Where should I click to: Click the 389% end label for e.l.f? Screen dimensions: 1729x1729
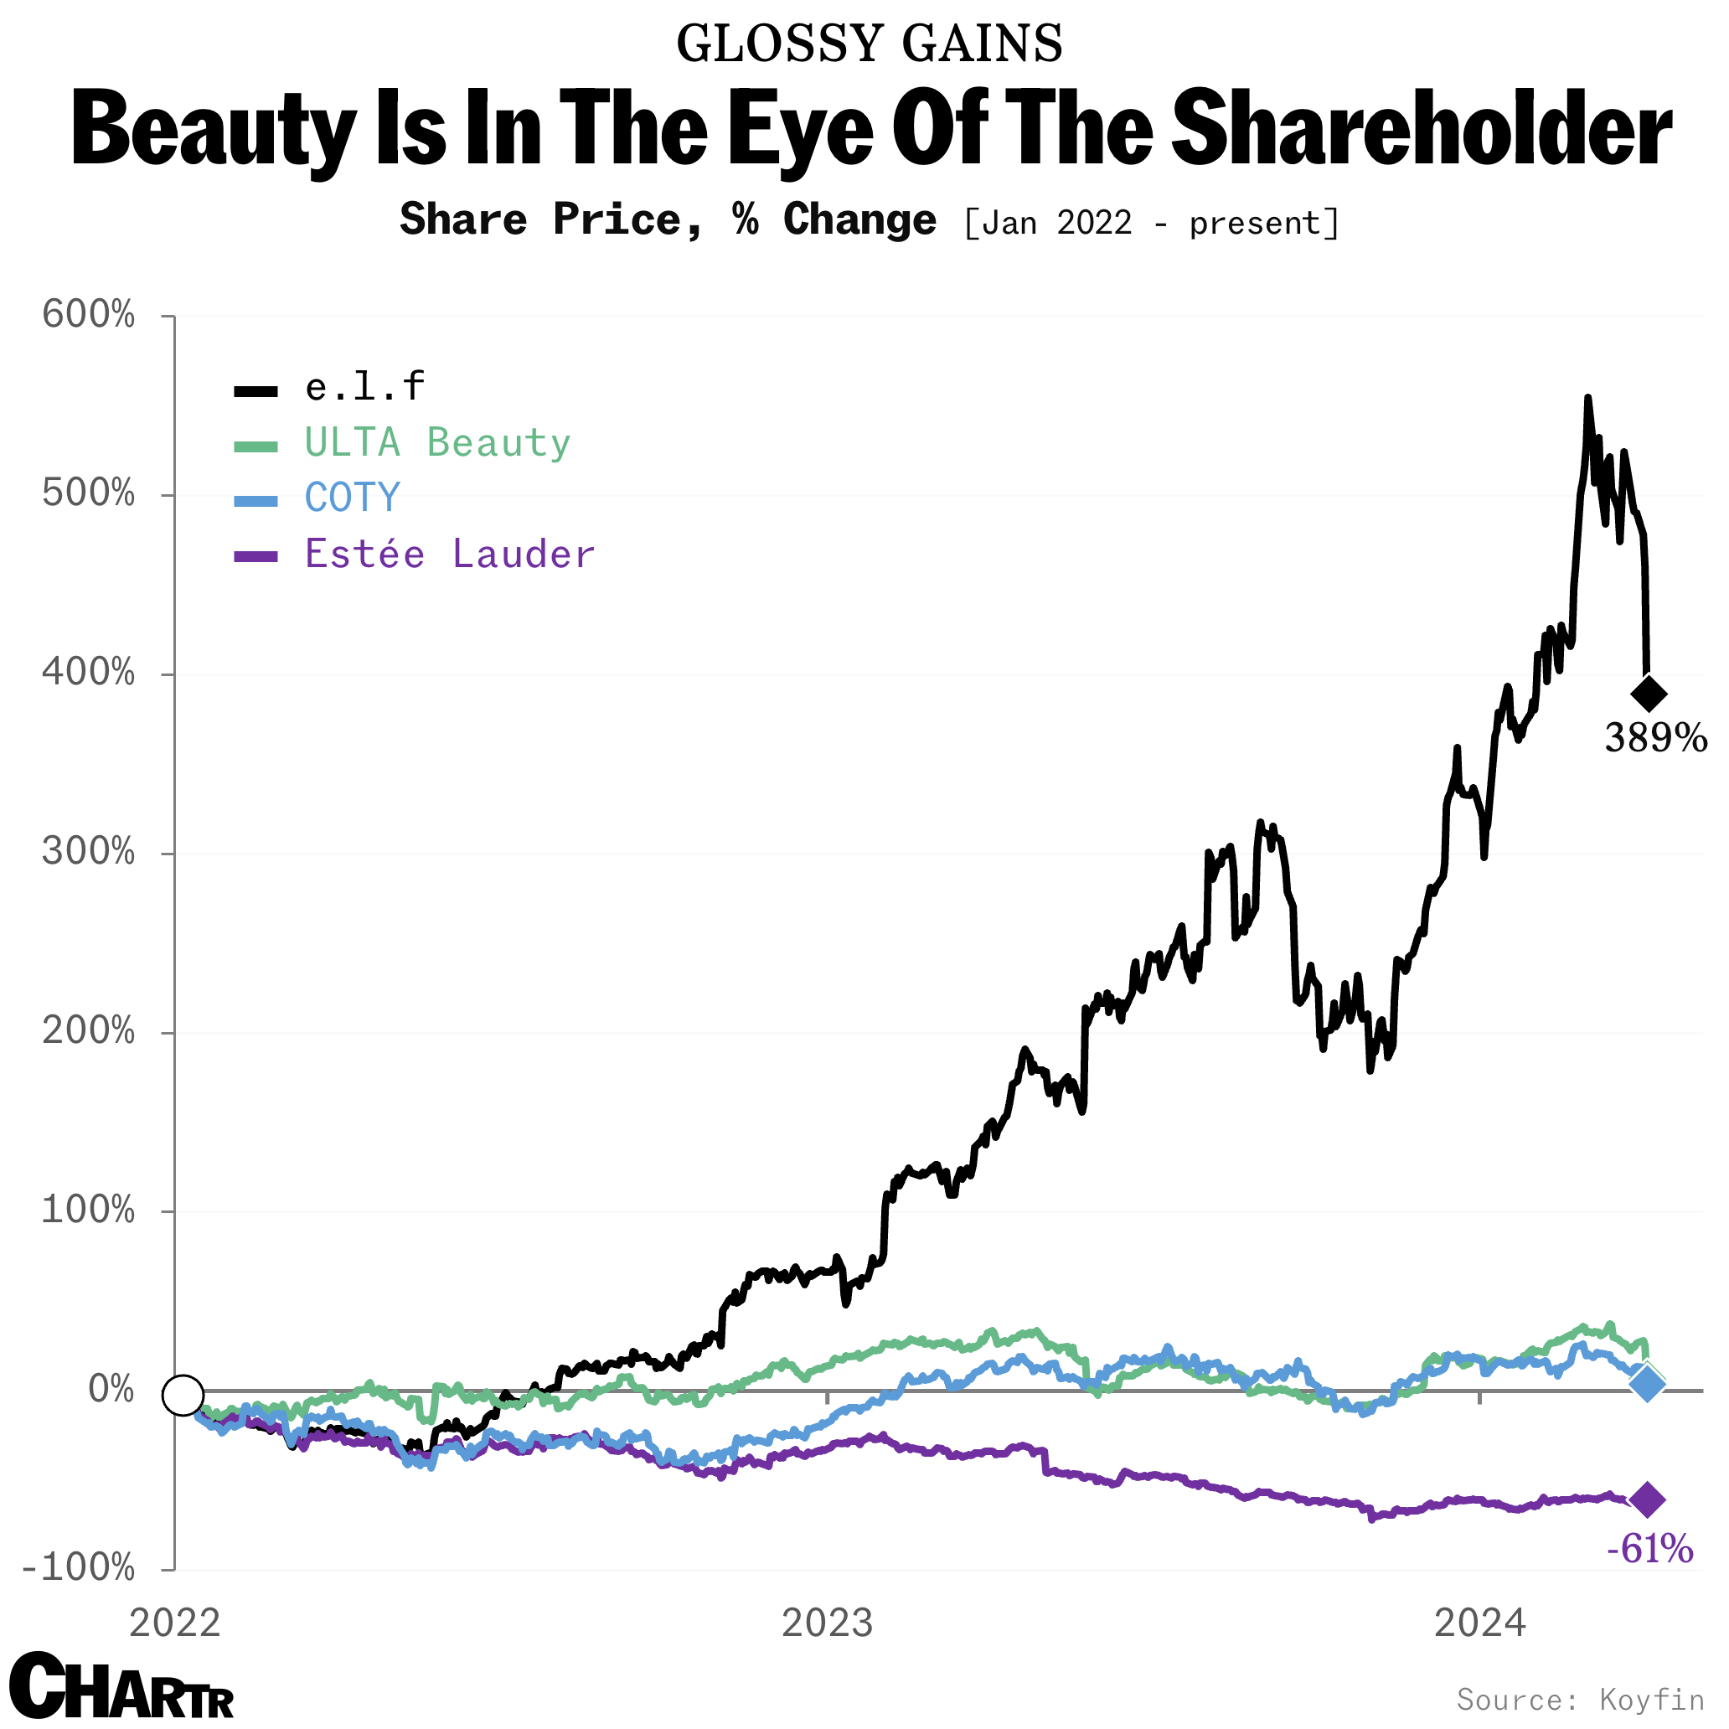[x=1654, y=738]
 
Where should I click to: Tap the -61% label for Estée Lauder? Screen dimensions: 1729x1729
[x=1649, y=1547]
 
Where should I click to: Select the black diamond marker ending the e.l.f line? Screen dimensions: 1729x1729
[x=1649, y=694]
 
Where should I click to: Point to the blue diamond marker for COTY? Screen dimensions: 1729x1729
[x=1647, y=1384]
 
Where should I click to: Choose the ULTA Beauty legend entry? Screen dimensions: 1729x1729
[x=436, y=443]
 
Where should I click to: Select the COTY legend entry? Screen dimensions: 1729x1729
[x=352, y=498]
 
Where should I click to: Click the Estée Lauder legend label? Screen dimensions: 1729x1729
[x=449, y=554]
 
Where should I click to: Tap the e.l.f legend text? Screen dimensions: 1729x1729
[x=364, y=388]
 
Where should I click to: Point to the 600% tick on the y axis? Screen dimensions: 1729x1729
[x=89, y=315]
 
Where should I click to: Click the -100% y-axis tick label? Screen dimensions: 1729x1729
[x=79, y=1568]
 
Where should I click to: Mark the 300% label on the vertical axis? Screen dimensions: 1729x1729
[x=89, y=852]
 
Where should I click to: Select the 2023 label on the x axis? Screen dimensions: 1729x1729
[x=827, y=1623]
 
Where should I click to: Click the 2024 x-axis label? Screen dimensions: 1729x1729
[x=1479, y=1623]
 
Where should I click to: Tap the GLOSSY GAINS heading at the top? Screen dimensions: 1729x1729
[x=869, y=43]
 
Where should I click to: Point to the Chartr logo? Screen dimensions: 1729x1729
[x=121, y=1686]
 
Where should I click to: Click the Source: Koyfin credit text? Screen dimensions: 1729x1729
[x=1581, y=1699]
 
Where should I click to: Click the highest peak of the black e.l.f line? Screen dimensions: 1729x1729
[x=1587, y=397]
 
